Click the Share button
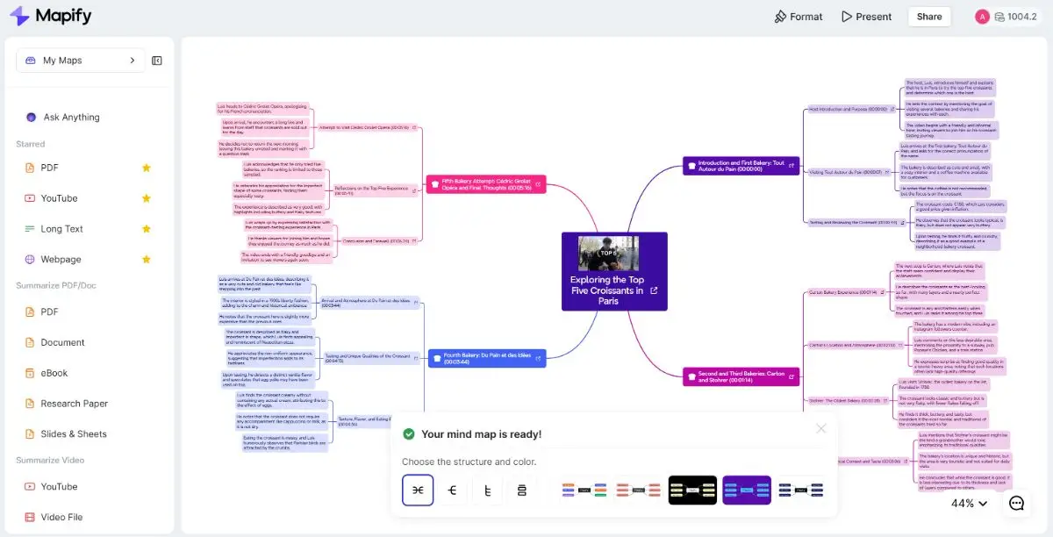click(929, 16)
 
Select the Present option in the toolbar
click(866, 17)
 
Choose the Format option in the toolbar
click(798, 17)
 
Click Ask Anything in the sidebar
click(71, 117)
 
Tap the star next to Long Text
click(147, 229)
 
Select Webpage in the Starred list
click(61, 259)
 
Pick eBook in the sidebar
click(54, 373)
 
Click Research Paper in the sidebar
click(74, 404)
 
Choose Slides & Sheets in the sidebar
click(73, 433)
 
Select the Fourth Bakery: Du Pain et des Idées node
click(486, 358)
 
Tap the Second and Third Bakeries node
click(742, 376)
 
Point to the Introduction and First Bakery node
click(742, 165)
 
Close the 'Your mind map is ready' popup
click(820, 428)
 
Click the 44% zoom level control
click(969, 503)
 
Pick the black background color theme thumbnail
click(692, 490)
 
